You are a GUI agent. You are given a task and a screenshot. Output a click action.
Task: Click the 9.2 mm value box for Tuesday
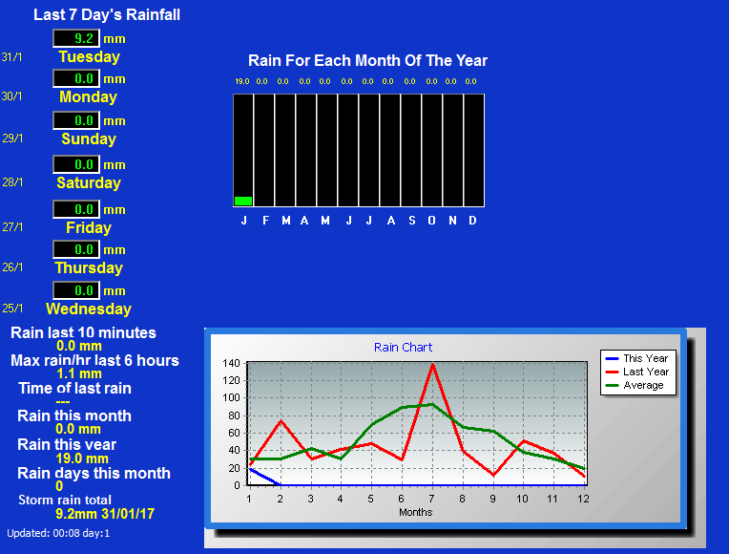pos(76,38)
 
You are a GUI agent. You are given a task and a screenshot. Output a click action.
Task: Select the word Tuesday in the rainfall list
pos(90,56)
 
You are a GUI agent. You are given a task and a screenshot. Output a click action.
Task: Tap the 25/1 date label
pos(12,309)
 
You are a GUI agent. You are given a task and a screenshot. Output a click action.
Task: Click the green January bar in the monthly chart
pos(243,201)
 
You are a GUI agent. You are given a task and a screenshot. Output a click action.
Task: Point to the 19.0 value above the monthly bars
pos(242,81)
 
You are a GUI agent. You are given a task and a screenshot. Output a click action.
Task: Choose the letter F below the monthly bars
pos(265,221)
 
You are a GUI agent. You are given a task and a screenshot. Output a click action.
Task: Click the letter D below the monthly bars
pos(472,221)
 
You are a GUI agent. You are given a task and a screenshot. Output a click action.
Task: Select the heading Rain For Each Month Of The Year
pos(367,60)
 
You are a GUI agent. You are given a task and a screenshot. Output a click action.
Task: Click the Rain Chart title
pos(403,348)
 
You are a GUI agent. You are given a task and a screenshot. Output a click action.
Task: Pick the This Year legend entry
pos(637,358)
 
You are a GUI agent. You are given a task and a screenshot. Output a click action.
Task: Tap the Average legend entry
pos(635,386)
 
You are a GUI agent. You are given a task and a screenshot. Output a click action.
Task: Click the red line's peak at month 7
pos(432,365)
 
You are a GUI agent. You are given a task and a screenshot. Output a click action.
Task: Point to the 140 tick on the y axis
pos(231,363)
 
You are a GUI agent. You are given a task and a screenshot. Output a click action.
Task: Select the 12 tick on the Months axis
pos(583,499)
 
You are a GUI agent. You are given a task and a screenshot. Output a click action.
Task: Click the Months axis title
pos(416,512)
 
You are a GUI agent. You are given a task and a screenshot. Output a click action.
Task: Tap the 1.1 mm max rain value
pos(79,373)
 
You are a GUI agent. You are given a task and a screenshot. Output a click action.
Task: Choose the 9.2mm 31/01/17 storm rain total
pos(105,514)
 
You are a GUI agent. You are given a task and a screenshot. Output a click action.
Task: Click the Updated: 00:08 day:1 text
pos(58,533)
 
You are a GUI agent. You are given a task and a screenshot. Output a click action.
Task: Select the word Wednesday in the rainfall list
pos(89,309)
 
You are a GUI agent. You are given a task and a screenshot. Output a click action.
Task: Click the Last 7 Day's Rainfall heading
pos(107,15)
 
